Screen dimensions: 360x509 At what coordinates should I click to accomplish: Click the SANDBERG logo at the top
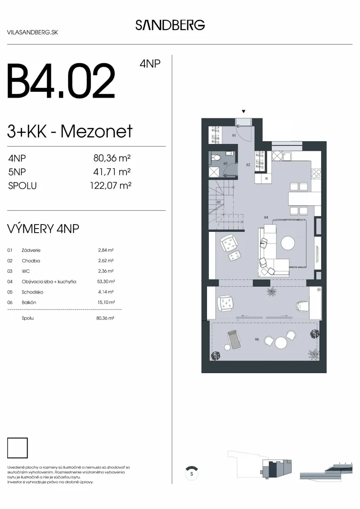(x=170, y=25)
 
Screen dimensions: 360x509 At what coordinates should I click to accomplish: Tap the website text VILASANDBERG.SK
(x=32, y=32)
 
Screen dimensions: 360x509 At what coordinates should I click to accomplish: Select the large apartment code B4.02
(x=61, y=81)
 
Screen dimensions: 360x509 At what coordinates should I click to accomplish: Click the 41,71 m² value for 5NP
(x=112, y=172)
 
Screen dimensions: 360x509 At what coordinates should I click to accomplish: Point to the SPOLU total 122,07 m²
(x=110, y=186)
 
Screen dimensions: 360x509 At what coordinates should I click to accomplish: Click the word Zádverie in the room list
(x=31, y=250)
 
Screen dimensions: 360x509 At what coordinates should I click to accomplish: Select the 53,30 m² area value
(x=106, y=281)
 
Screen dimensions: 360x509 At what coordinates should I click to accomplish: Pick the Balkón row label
(x=29, y=302)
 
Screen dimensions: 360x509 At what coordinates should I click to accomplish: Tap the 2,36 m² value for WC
(x=106, y=271)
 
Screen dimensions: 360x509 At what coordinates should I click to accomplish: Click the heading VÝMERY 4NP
(x=43, y=229)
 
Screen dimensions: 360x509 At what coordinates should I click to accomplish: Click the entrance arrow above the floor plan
(x=243, y=111)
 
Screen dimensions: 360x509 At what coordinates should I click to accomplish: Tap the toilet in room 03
(x=216, y=158)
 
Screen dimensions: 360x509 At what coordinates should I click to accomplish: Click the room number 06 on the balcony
(x=257, y=339)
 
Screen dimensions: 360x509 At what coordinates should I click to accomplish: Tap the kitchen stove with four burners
(x=316, y=174)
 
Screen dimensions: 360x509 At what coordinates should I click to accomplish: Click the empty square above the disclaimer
(x=17, y=448)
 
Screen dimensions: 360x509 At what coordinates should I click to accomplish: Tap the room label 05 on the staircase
(x=219, y=202)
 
